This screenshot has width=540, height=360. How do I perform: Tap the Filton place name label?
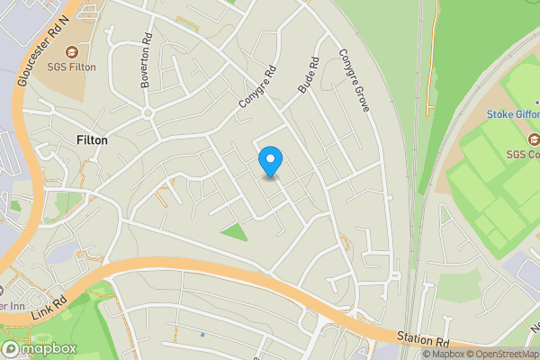92,141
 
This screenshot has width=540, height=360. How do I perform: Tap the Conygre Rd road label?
256,90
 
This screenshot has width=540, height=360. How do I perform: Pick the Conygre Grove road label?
354,80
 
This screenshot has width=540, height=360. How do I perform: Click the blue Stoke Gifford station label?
513,114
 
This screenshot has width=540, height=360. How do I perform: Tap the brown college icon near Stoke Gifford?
533,139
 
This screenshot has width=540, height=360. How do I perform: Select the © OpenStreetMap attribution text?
501,354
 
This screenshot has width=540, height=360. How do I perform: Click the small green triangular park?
235,232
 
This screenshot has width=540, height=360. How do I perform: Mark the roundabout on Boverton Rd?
149,113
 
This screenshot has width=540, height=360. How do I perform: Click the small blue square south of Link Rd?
202,335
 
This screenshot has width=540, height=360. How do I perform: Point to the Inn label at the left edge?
13,304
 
